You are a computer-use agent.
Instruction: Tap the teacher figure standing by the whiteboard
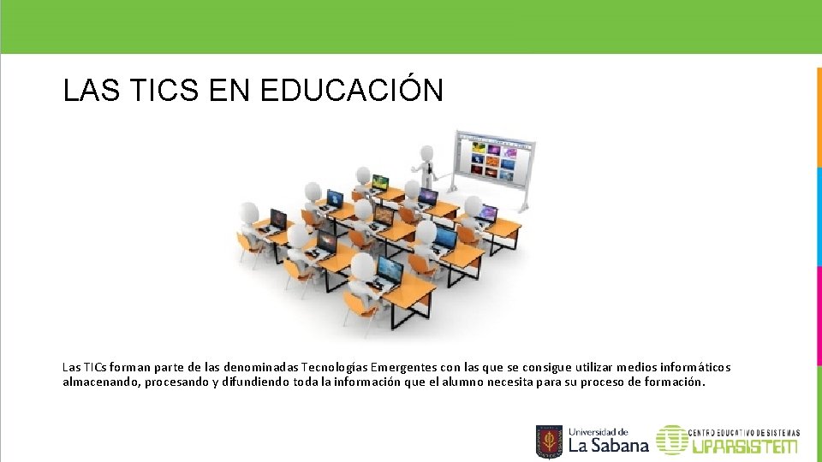426,170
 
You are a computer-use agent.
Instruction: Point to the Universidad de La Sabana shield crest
549,441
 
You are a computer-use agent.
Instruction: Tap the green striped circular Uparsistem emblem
671,440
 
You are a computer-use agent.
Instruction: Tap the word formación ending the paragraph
674,382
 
